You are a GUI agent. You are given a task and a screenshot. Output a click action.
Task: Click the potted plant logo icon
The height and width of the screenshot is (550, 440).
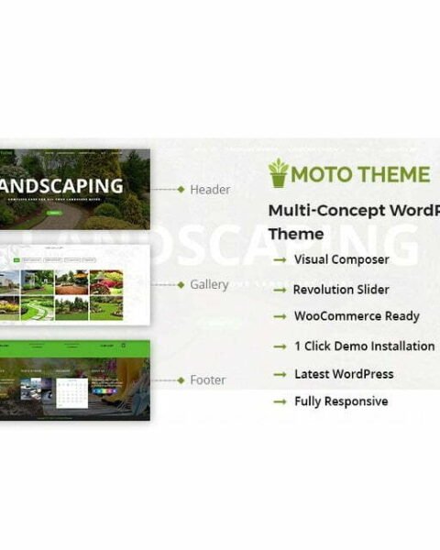pos(278,172)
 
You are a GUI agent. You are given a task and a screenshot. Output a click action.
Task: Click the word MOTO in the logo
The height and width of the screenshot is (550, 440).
pos(322,174)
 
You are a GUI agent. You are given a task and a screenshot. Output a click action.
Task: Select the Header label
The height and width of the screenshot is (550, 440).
pos(209,190)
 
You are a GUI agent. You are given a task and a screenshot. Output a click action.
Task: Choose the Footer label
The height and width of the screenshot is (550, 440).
pos(207,379)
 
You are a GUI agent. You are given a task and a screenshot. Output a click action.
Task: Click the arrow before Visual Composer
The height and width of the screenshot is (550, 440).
pos(280,260)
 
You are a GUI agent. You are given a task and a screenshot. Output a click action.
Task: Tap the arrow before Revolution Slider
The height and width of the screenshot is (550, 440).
pos(280,290)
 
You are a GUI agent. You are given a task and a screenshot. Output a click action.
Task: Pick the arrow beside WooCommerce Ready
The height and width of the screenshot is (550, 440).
pos(280,317)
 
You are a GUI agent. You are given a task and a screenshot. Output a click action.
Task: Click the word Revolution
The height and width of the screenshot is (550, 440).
pos(322,290)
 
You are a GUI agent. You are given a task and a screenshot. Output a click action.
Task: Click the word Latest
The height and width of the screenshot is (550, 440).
pos(313,374)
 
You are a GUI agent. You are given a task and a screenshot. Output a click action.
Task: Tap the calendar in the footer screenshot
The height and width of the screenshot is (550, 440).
pos(71,390)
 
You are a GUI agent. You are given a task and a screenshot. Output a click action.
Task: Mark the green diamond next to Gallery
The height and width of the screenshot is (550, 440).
pos(181,285)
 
